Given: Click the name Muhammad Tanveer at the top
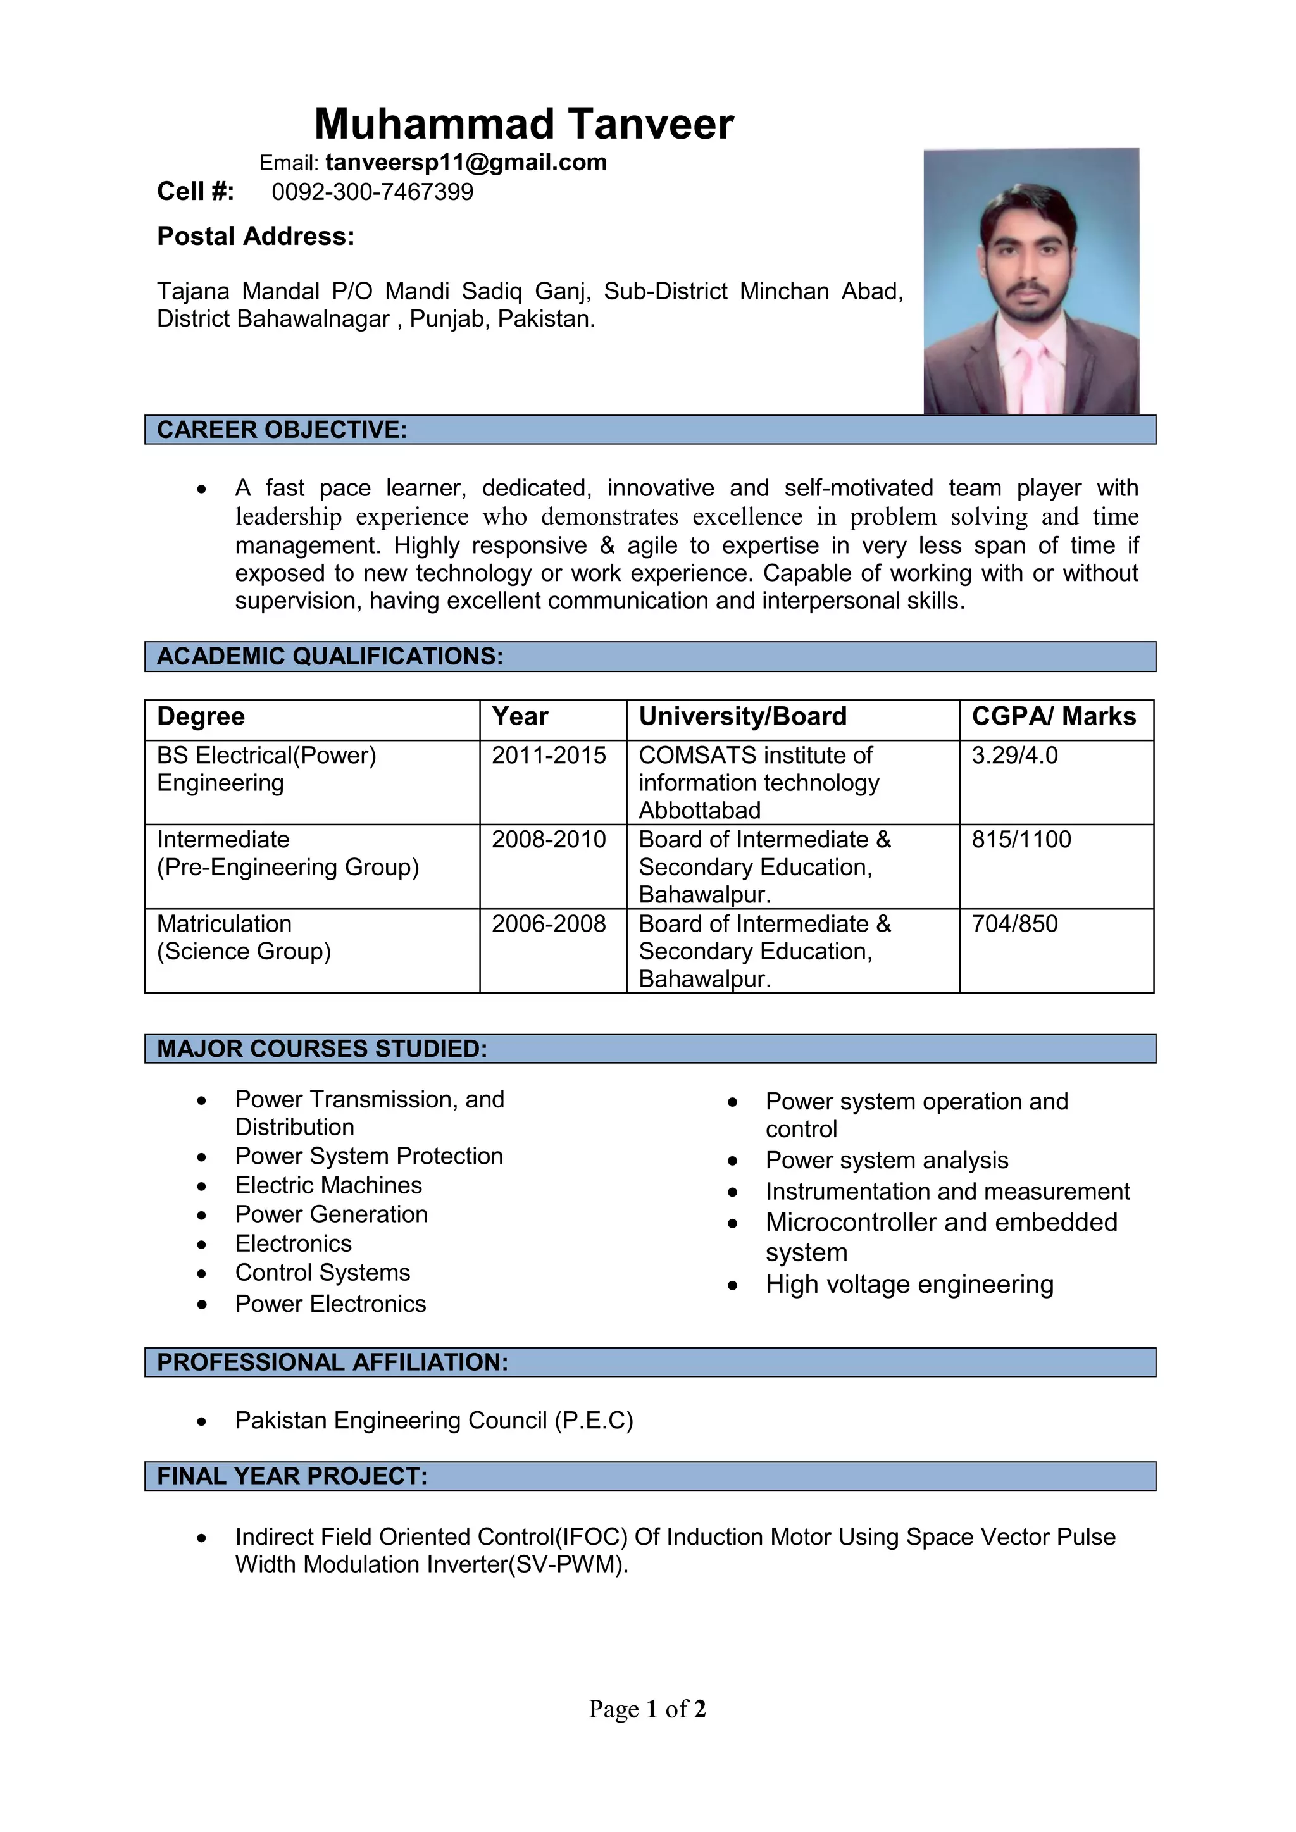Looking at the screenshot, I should [x=523, y=125].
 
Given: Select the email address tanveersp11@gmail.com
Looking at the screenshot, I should [x=465, y=163].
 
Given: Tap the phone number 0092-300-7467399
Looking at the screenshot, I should [x=372, y=192].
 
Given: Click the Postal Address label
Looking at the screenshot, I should [x=256, y=236].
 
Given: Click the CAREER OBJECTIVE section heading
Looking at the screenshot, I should [x=282, y=430].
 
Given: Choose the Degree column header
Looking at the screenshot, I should [x=201, y=716].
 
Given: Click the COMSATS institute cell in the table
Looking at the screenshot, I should [x=758, y=782].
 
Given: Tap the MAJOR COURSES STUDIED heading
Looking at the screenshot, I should [x=321, y=1049].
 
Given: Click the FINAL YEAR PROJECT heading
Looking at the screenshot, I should [x=292, y=1476].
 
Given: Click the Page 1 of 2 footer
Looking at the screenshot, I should [x=647, y=1709].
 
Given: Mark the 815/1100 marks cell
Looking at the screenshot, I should [x=1021, y=839].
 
